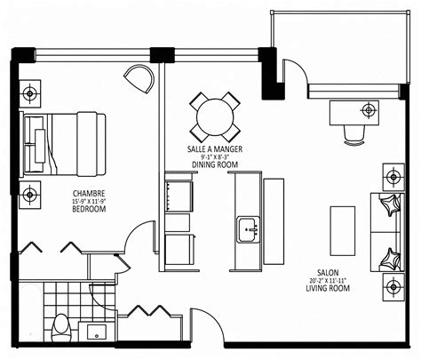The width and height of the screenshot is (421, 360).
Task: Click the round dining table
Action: click(x=214, y=115)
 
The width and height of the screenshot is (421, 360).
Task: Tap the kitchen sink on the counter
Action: click(x=246, y=229)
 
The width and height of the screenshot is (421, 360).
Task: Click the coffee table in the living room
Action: click(x=342, y=229)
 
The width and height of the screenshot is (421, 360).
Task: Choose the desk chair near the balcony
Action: click(x=354, y=133)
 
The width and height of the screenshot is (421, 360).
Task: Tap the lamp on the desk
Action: click(x=368, y=111)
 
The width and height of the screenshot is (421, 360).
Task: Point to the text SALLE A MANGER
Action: click(x=215, y=148)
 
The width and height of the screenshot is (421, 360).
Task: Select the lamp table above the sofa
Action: click(x=393, y=173)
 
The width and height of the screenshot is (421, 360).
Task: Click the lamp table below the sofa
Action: click(x=393, y=286)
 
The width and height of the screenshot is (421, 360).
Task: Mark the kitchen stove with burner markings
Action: click(x=178, y=193)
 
